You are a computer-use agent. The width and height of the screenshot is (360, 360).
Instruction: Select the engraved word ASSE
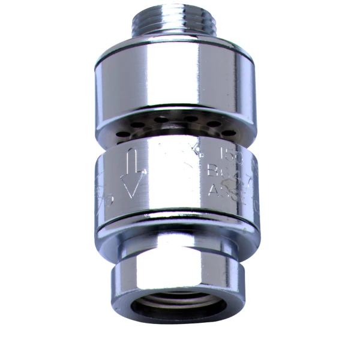[225, 191]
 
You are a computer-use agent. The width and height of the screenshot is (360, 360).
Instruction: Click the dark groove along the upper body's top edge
[174, 57]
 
